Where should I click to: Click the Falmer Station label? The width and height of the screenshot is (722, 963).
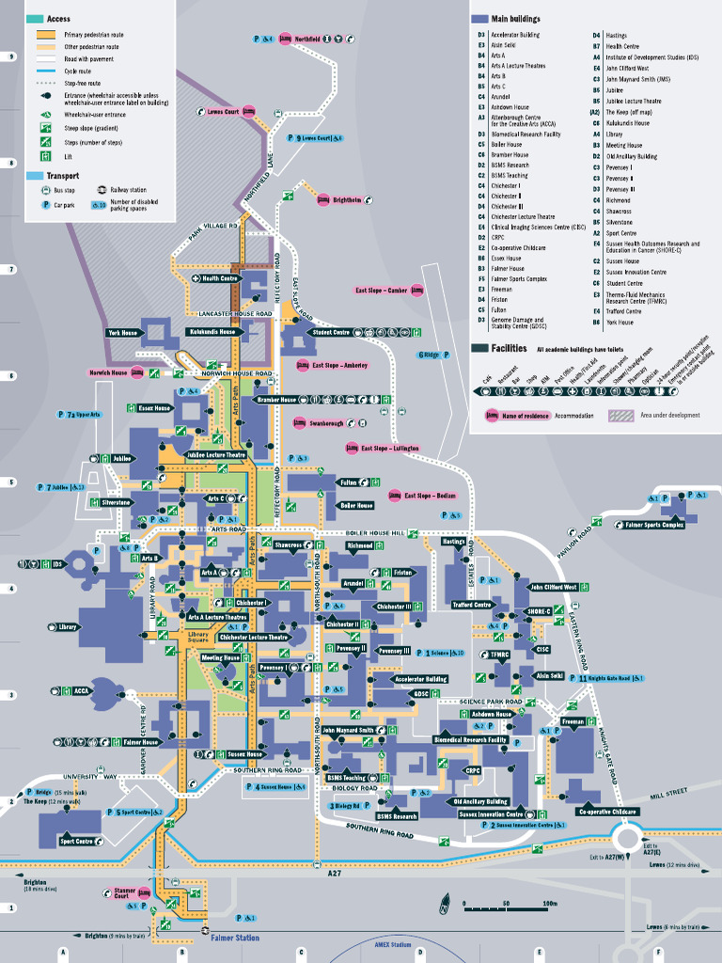click(235, 938)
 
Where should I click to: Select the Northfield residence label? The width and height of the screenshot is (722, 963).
click(306, 39)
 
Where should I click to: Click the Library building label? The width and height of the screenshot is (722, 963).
click(68, 626)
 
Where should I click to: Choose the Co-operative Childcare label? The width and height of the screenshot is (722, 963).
click(608, 811)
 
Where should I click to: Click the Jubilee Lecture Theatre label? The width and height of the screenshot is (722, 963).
click(215, 454)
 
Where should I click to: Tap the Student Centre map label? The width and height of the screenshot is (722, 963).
click(331, 332)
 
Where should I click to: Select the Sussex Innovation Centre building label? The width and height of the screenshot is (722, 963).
click(491, 813)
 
